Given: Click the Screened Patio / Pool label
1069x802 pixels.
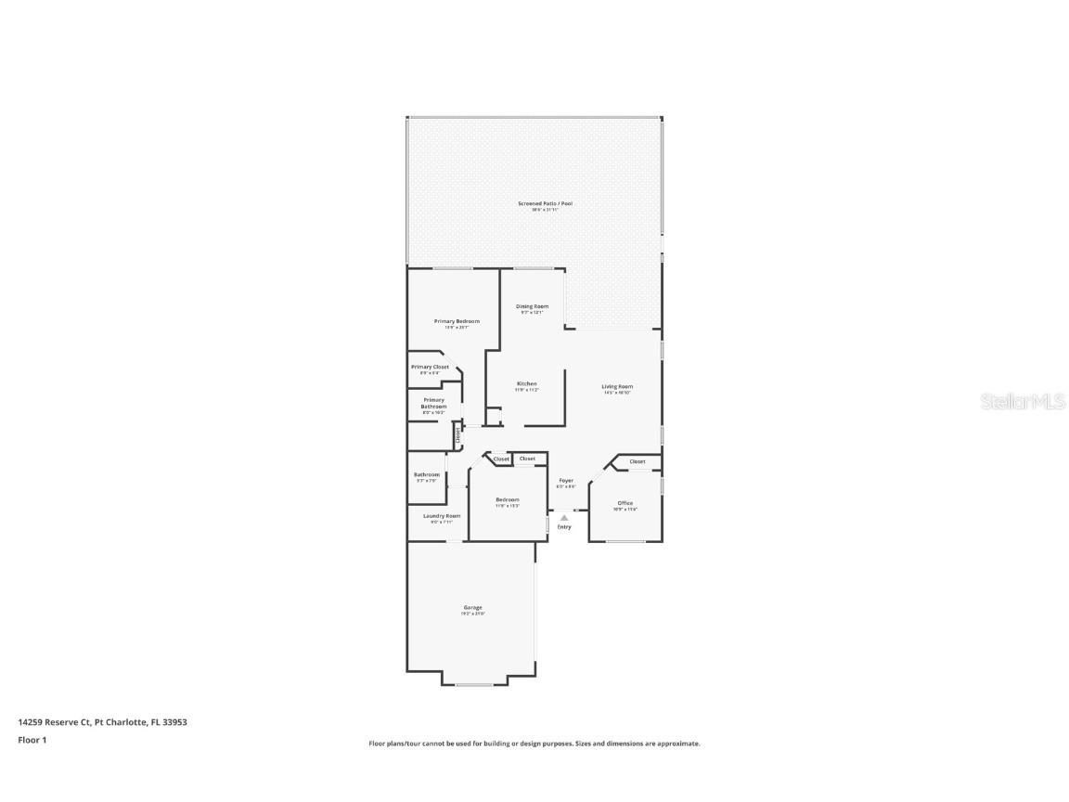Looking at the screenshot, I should coord(545,203).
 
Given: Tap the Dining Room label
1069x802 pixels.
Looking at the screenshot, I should coord(532,306).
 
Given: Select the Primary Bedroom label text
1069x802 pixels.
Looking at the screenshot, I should coord(457,321).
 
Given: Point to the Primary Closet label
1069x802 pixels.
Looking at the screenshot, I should coord(430,367).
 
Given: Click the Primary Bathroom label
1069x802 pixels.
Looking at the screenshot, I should coord(433,404).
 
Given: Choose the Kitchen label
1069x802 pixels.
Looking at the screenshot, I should coord(527,383).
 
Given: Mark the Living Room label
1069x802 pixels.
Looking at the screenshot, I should coord(617,386).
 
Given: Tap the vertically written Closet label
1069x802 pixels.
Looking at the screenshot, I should coord(457,433).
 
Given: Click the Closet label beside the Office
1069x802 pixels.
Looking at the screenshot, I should coord(638,461).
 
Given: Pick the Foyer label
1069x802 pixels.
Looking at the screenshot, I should coord(565,481).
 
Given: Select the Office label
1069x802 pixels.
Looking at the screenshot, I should coord(625,503).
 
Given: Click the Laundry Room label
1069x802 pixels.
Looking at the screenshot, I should coord(442,516).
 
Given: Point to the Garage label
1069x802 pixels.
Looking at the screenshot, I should coord(473,608).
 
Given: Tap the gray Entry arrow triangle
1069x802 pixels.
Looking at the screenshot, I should coord(564,518).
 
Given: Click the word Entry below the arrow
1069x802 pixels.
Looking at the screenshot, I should coord(564,527).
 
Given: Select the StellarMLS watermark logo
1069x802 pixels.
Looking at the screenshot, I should coord(1024,402).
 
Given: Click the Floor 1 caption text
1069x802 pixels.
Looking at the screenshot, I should coord(32,740).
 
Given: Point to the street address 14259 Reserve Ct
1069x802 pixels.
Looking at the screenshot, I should coord(54,721).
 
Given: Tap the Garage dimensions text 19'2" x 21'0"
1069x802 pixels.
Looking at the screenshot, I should coord(473,614).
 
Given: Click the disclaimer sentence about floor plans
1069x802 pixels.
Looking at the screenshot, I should coord(534,744).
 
